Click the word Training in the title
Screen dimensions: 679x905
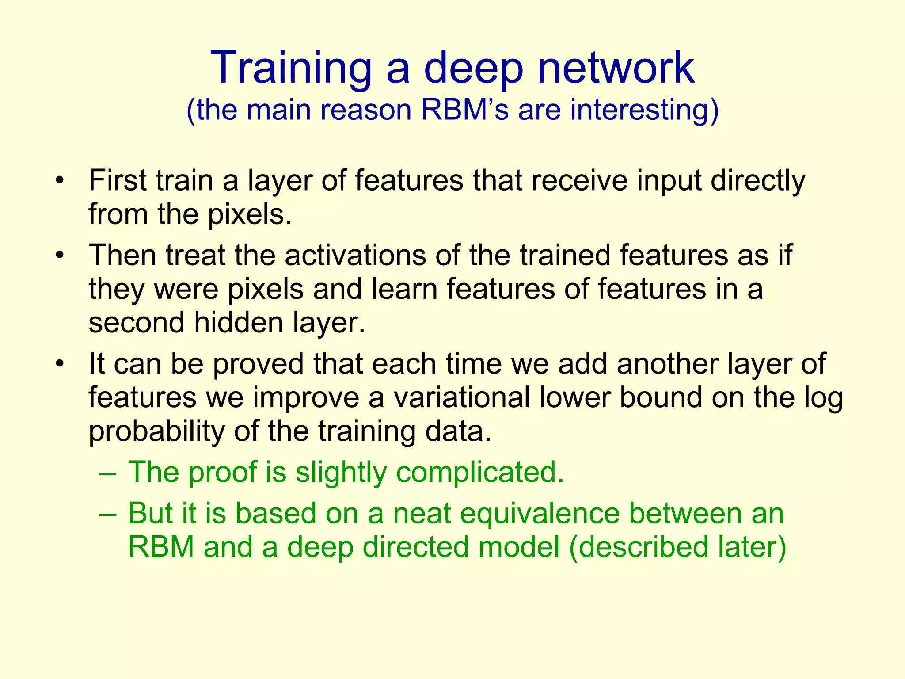pos(291,68)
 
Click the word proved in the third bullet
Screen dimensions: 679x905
pos(258,364)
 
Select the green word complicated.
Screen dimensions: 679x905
pos(480,472)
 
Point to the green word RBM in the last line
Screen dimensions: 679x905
pos(161,547)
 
